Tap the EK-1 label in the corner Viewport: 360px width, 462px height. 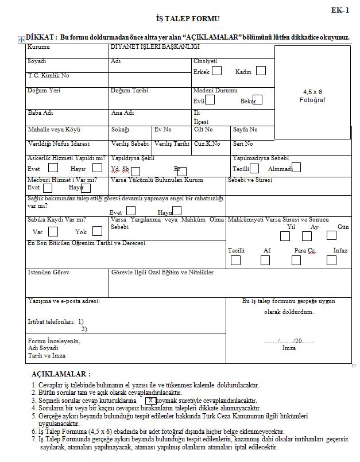coord(340,10)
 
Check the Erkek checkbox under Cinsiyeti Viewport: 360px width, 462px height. coord(216,71)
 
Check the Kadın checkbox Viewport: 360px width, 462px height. coord(261,71)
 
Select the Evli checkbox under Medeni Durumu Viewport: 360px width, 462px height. coord(210,100)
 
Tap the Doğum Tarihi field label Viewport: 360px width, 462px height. coord(129,91)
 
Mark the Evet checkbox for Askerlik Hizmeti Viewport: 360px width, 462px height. coord(53,168)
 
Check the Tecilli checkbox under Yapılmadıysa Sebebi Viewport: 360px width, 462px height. coord(254,168)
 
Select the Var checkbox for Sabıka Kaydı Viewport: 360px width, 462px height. coord(53,232)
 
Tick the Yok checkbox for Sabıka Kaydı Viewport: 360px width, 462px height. coord(97,231)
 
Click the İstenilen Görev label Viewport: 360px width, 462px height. coord(49,272)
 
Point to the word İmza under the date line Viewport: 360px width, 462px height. coord(289,348)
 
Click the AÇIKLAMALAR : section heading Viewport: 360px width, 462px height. coord(61,374)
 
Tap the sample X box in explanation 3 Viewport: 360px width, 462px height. coord(150,400)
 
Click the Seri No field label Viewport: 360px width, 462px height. coord(243,144)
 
